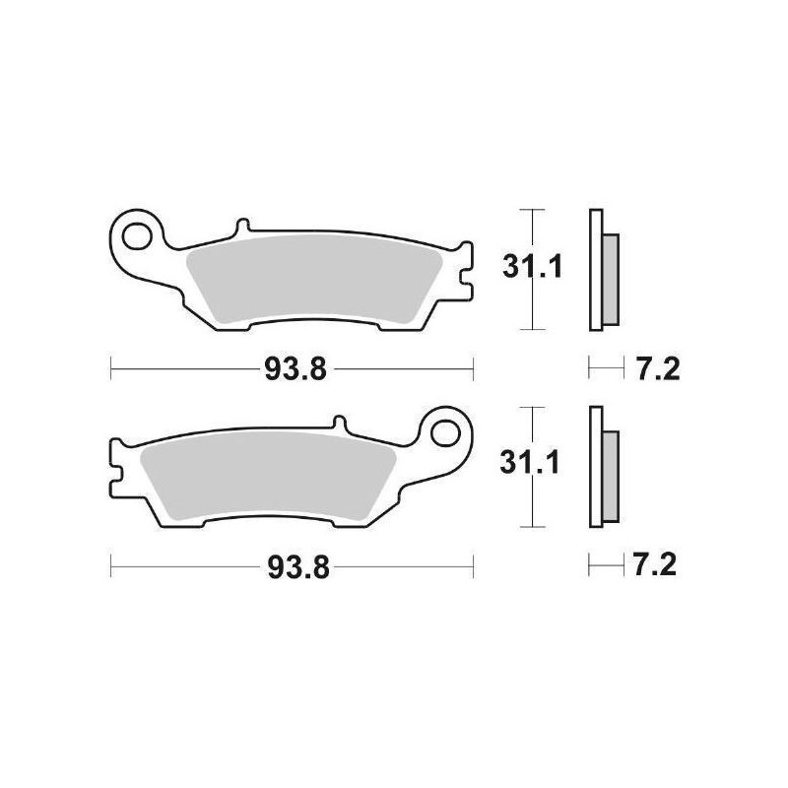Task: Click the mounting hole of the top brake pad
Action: click(137, 236)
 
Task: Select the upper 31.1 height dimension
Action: click(532, 268)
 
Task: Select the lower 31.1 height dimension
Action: click(532, 463)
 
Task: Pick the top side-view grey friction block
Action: click(611, 278)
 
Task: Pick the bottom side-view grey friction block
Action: click(611, 475)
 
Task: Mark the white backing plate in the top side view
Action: click(595, 268)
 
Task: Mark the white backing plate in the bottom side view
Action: click(595, 465)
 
